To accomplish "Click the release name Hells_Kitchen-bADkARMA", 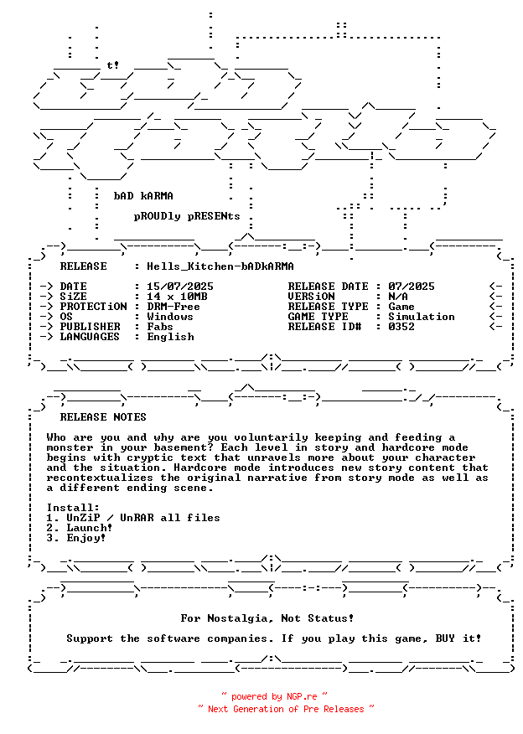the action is [x=220, y=266].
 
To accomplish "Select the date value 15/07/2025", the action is [x=180, y=287].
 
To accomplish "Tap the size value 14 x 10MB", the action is [x=177, y=297].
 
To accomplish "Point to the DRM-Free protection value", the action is [x=173, y=307].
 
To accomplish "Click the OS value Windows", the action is [x=170, y=317].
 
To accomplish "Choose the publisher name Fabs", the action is [x=159, y=327].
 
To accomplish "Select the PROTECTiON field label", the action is [x=93, y=307].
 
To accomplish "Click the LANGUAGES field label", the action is [x=90, y=337].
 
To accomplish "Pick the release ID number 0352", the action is [x=401, y=327].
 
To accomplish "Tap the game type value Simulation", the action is [x=422, y=317].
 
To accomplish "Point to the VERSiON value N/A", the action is [x=398, y=297].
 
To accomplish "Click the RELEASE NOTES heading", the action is [x=103, y=417].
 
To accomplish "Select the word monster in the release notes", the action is [x=70, y=447].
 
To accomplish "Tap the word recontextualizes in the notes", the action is [x=100, y=478].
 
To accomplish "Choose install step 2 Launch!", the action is [x=80, y=528].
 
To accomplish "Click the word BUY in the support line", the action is [x=445, y=638].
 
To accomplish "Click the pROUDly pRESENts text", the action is [x=187, y=216].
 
